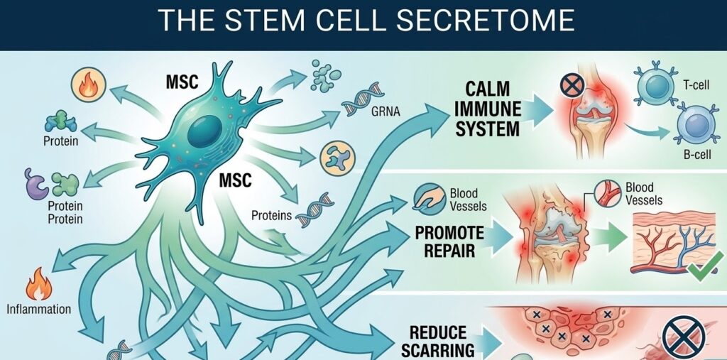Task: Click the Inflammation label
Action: [x=39, y=309]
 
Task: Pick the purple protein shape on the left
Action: [x=35, y=184]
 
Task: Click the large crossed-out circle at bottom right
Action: [x=683, y=337]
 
